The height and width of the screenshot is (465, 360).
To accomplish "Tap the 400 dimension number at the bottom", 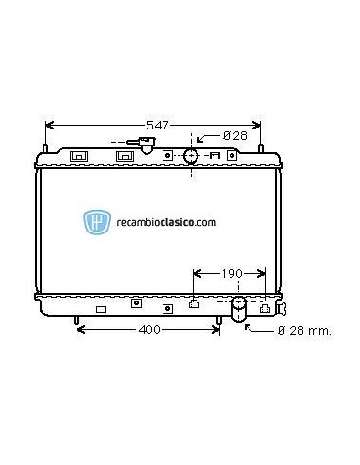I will (147, 330).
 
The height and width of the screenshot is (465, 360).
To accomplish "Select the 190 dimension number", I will (218, 273).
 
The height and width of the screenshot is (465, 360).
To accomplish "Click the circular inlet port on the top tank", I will (192, 155).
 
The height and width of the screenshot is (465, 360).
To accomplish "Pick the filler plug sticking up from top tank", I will (146, 146).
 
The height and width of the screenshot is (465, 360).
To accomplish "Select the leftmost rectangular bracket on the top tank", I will (79, 155).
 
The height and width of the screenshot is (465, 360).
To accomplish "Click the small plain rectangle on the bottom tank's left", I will (101, 309).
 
